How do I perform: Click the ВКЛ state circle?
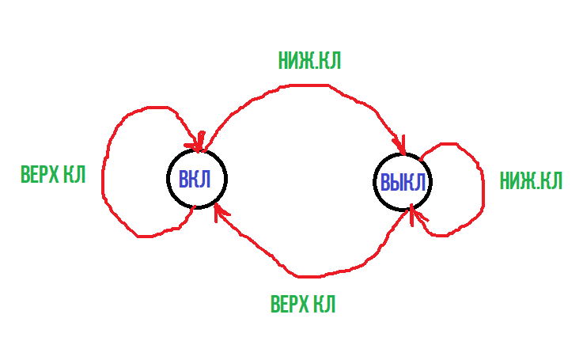[x=196, y=178]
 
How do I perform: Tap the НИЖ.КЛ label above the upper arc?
[x=309, y=61]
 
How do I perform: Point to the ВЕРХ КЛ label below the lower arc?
[x=302, y=305]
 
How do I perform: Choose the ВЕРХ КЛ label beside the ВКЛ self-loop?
[x=52, y=176]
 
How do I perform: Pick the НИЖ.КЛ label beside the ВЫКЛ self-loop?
[x=531, y=181]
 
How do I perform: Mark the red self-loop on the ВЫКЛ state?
[x=481, y=190]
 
